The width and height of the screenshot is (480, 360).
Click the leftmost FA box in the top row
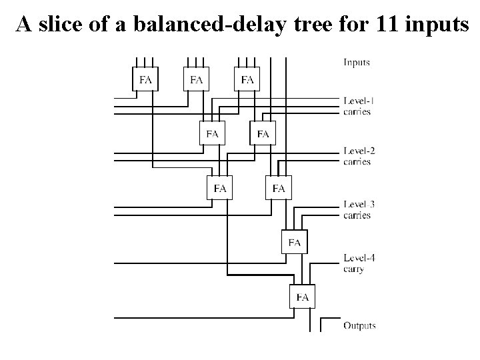coord(145,80)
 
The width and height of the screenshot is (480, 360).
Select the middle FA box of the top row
coord(196,80)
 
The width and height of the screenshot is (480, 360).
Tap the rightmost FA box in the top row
coord(247,80)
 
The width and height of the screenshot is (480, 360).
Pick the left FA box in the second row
coord(212,134)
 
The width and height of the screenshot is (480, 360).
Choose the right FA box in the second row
coord(263,134)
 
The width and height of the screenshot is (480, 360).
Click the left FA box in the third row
coord(220,189)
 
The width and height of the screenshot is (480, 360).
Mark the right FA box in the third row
coord(279,189)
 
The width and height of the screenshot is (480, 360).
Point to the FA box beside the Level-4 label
coord(295,243)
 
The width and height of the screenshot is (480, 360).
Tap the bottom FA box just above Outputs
coord(302,297)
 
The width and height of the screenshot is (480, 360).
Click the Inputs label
coord(357,63)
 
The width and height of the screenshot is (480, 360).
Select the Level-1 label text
coord(359,101)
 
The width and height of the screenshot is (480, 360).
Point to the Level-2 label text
coord(359,151)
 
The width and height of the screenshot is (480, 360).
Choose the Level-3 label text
coord(359,205)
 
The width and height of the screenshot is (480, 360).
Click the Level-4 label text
coord(359,258)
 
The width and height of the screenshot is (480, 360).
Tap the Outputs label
coord(359,326)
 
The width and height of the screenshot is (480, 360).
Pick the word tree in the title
coord(299,25)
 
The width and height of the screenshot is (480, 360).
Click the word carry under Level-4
coord(354,269)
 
